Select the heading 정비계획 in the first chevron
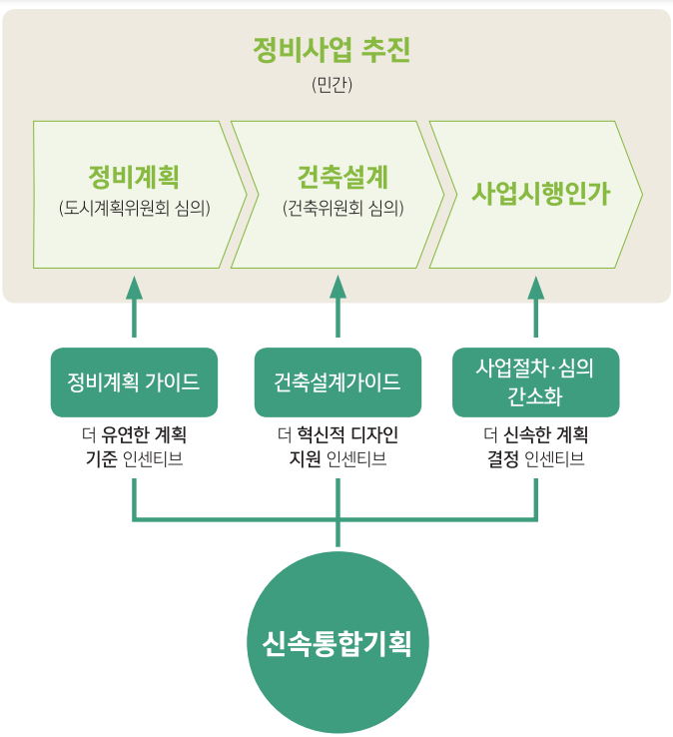tap(133, 177)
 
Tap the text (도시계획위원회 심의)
tap(134, 208)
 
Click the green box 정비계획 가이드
tap(134, 382)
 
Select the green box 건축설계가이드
tap(337, 382)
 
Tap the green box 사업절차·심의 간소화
tap(536, 382)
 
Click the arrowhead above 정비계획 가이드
tap(134, 289)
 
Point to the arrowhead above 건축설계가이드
tap(337, 289)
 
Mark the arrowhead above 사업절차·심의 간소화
tap(536, 289)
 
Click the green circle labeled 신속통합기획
tap(336, 641)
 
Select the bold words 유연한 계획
tap(145, 436)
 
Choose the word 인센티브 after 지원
tap(356, 459)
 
